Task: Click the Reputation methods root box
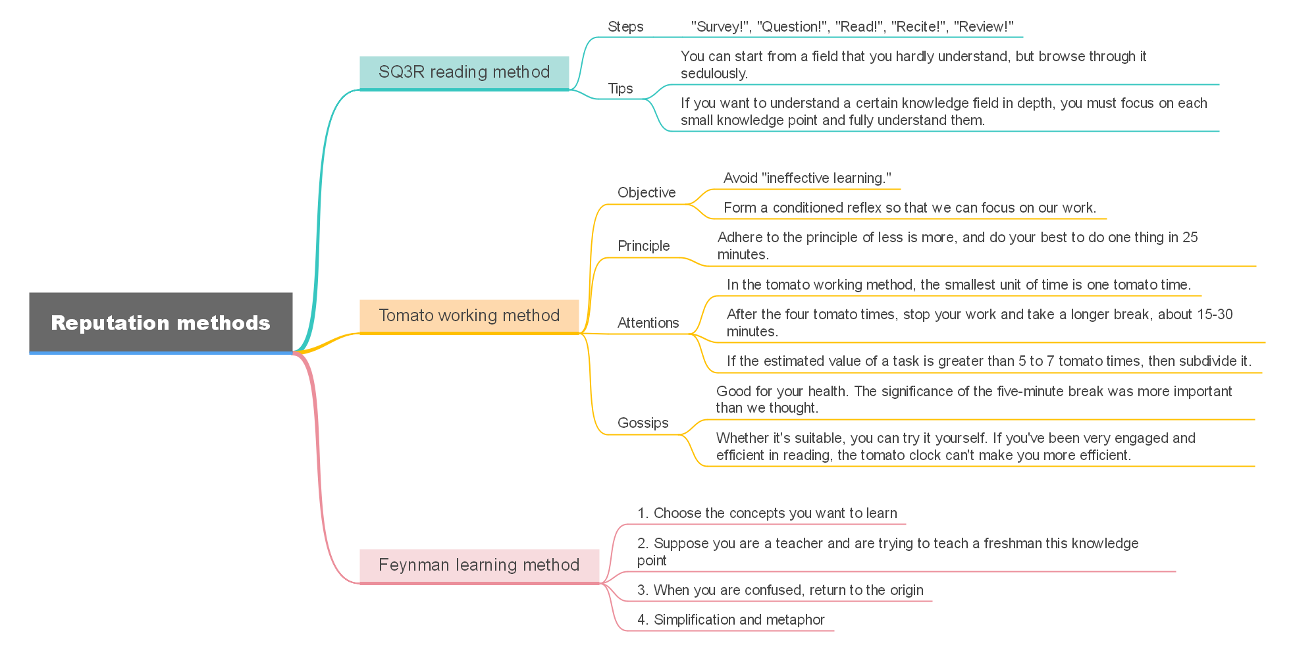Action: pyautogui.click(x=161, y=322)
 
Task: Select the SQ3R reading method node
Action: pyautogui.click(x=464, y=72)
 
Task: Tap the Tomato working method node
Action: pyautogui.click(x=469, y=316)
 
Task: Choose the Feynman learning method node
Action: pyautogui.click(x=479, y=565)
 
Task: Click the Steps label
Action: pyautogui.click(x=625, y=27)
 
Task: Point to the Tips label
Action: pyautogui.click(x=620, y=89)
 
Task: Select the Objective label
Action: pyautogui.click(x=646, y=193)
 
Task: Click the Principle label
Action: pyautogui.click(x=643, y=246)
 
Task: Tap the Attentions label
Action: pyautogui.click(x=648, y=323)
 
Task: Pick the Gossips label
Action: pyautogui.click(x=643, y=423)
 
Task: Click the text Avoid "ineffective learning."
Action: pyautogui.click(x=807, y=178)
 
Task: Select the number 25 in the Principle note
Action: pyautogui.click(x=1190, y=238)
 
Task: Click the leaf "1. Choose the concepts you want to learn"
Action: pyautogui.click(x=767, y=513)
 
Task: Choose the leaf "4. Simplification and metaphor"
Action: pyautogui.click(x=731, y=620)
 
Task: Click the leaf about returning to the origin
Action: pyautogui.click(x=780, y=590)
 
